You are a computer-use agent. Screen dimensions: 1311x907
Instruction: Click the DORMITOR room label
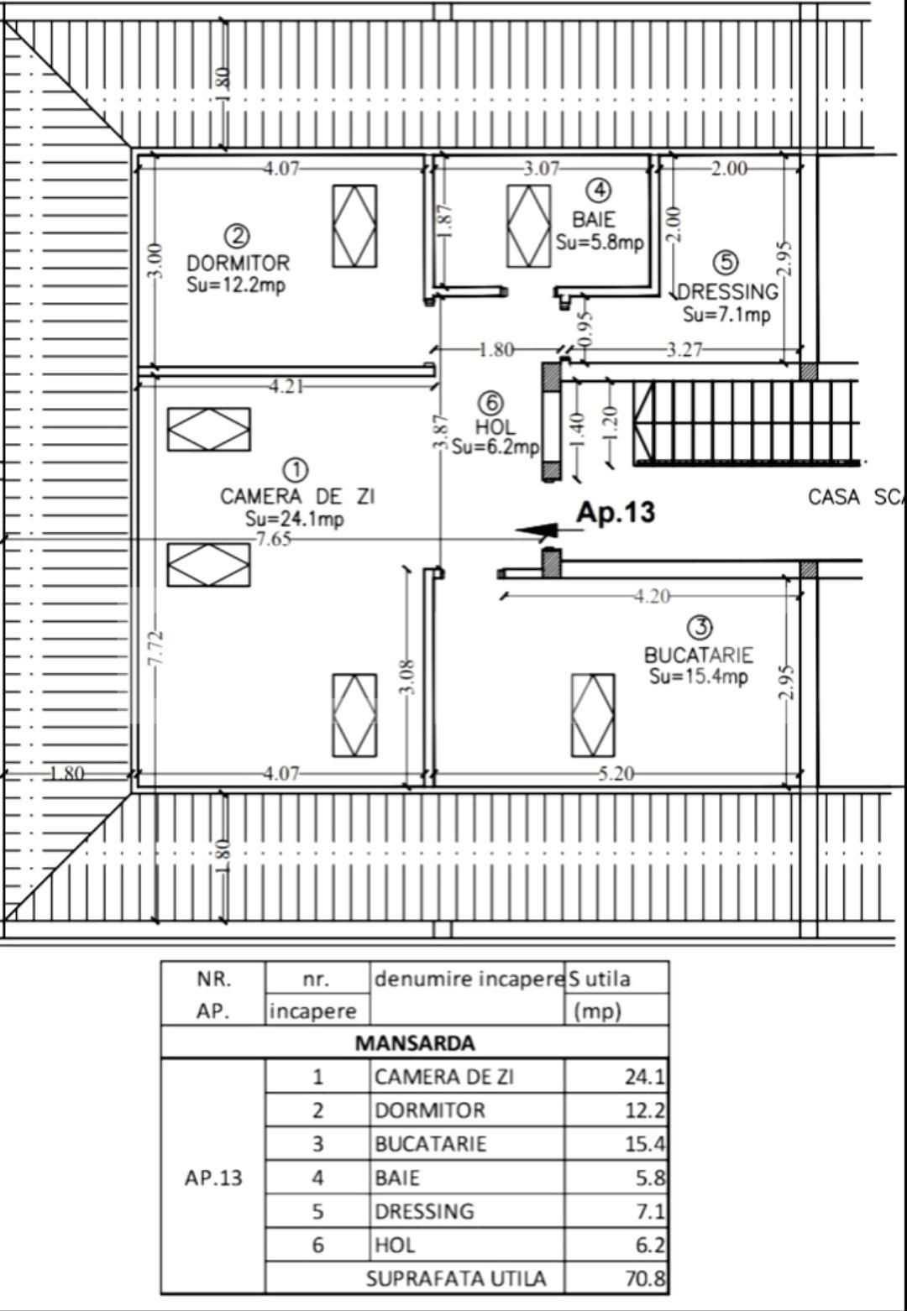pyautogui.click(x=238, y=263)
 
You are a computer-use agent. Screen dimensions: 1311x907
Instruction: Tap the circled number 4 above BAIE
pyautogui.click(x=599, y=191)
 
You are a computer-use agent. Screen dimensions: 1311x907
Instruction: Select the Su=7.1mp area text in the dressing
pyautogui.click(x=726, y=315)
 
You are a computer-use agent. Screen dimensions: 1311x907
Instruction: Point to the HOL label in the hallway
pyautogui.click(x=495, y=426)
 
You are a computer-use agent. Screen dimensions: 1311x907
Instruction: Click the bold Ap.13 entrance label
pyautogui.click(x=616, y=512)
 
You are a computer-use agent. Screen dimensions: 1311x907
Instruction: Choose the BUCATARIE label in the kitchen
pyautogui.click(x=698, y=655)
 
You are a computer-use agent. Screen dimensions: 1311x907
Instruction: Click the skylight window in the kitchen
pyautogui.click(x=593, y=715)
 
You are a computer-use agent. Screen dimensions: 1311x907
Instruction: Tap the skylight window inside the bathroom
pyautogui.click(x=529, y=226)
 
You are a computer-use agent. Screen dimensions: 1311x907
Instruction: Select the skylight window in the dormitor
pyautogui.click(x=354, y=226)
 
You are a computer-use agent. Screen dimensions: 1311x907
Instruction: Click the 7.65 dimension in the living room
pyautogui.click(x=274, y=539)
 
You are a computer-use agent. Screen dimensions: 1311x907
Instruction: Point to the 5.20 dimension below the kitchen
pyautogui.click(x=616, y=773)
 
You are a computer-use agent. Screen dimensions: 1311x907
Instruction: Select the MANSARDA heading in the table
pyautogui.click(x=415, y=1043)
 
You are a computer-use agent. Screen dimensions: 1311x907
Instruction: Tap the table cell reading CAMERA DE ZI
pyautogui.click(x=443, y=1077)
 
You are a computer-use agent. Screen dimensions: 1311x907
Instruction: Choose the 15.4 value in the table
pyautogui.click(x=644, y=1144)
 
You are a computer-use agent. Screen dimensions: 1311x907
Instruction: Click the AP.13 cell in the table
pyautogui.click(x=213, y=1178)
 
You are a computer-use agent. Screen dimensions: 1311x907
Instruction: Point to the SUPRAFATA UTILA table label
pyautogui.click(x=456, y=1278)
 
